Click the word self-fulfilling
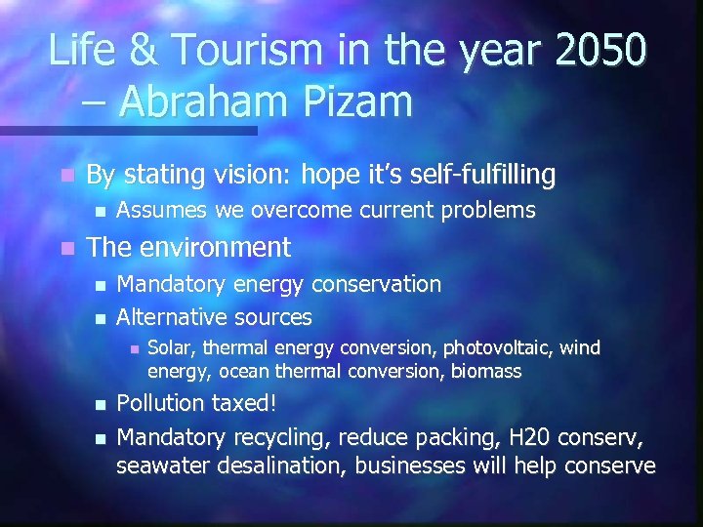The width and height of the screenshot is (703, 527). coord(476,175)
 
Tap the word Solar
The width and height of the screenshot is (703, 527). coord(168,347)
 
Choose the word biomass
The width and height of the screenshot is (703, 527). coord(486,371)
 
